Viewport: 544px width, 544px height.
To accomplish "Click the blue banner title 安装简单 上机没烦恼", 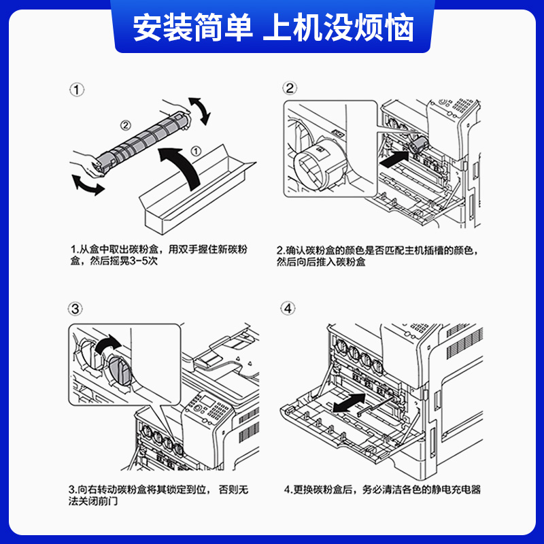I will pos(273,27).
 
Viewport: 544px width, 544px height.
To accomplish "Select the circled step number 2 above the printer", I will pos(290,88).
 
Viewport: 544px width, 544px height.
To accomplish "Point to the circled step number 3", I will pos(77,309).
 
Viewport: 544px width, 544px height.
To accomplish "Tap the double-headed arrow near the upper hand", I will pos(199,110).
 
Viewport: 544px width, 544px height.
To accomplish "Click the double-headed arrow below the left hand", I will pos(88,184).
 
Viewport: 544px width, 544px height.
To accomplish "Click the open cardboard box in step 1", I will pos(197,194).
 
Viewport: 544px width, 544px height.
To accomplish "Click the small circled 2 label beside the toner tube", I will pos(125,124).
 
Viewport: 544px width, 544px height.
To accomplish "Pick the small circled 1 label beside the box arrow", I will pos(195,151).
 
